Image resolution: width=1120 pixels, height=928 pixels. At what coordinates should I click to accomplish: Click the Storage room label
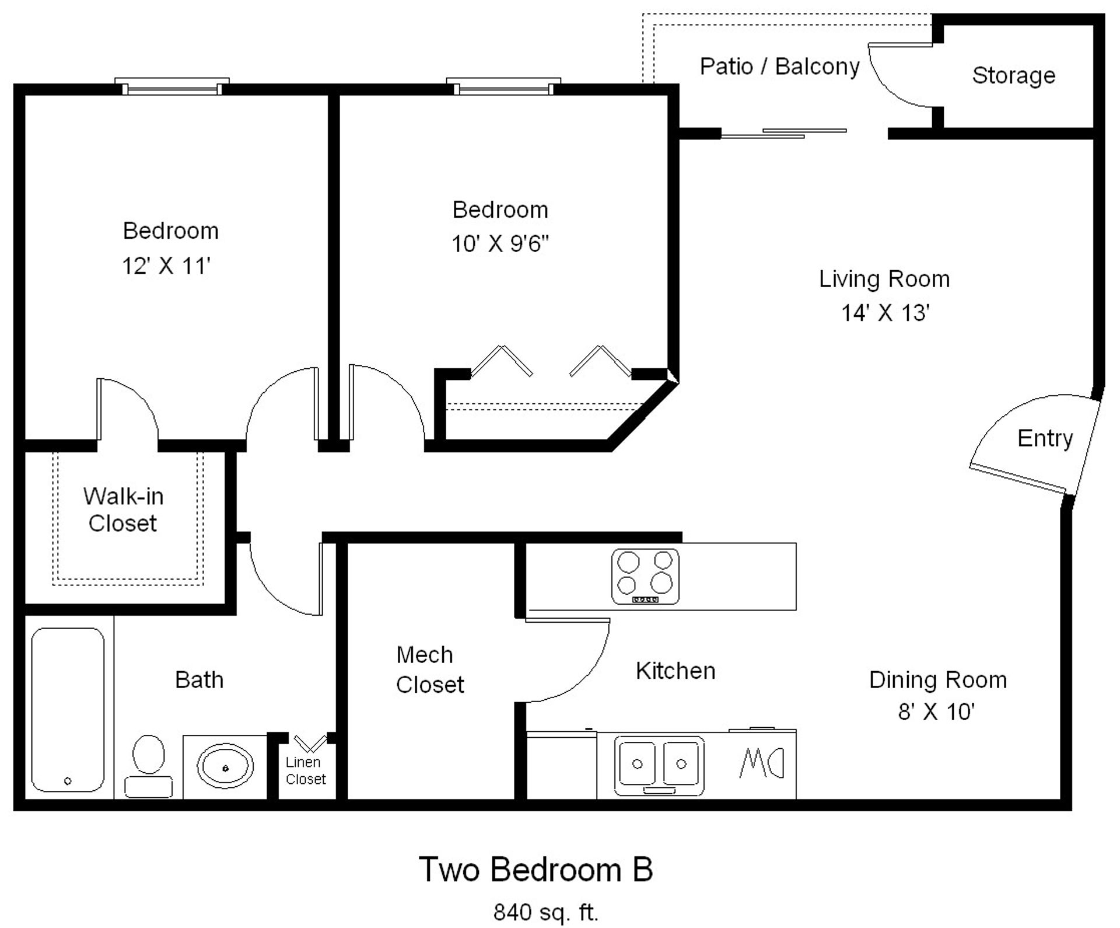1013,75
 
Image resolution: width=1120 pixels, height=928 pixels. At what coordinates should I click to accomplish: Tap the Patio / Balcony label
779,67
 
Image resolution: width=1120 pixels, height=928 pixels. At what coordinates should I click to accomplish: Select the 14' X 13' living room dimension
884,313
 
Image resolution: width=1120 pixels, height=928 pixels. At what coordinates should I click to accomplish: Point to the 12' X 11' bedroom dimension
166,266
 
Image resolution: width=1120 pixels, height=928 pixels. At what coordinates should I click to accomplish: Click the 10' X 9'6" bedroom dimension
500,243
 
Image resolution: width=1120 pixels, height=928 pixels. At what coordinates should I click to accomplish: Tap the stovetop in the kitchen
645,576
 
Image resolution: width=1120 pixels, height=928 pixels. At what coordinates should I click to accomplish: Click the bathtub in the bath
68,709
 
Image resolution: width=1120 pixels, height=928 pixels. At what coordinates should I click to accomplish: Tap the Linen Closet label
305,770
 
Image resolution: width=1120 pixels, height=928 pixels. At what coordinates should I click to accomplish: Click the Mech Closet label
429,670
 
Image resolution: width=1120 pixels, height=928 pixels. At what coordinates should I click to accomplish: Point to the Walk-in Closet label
123,510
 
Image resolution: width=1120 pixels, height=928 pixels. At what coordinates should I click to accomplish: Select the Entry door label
1045,438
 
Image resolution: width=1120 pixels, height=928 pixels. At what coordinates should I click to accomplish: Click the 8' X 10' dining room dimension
936,712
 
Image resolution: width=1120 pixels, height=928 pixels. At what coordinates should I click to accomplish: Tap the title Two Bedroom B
535,870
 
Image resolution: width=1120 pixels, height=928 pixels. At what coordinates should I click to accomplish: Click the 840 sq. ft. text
545,912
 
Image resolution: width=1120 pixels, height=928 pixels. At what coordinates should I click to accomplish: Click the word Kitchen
675,671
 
